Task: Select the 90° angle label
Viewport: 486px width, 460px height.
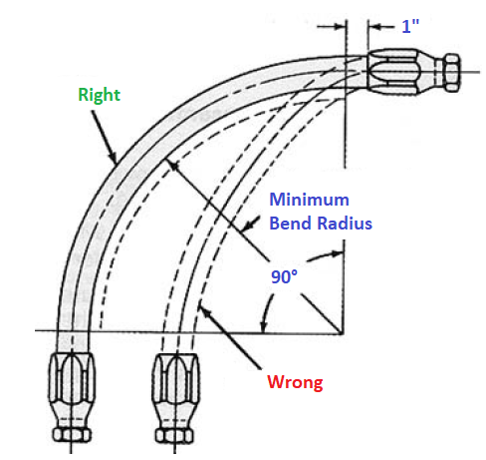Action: (284, 276)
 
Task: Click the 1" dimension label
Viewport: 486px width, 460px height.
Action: (410, 27)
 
